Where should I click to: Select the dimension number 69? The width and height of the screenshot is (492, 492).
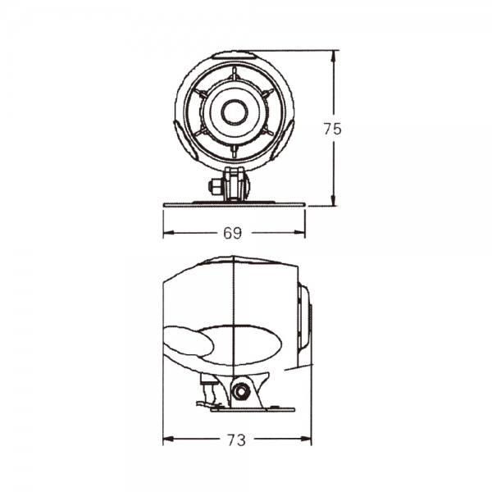[233, 234]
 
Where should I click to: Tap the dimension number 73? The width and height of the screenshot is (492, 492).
[236, 440]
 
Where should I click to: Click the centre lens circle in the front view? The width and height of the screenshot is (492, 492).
[235, 112]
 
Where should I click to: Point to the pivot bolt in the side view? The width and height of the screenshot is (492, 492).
[241, 392]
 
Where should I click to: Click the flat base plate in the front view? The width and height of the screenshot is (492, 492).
[235, 203]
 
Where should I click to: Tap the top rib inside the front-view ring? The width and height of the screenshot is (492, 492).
[235, 75]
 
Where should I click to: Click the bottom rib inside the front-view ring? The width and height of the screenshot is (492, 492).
[235, 150]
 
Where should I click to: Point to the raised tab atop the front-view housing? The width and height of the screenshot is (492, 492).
[235, 55]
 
